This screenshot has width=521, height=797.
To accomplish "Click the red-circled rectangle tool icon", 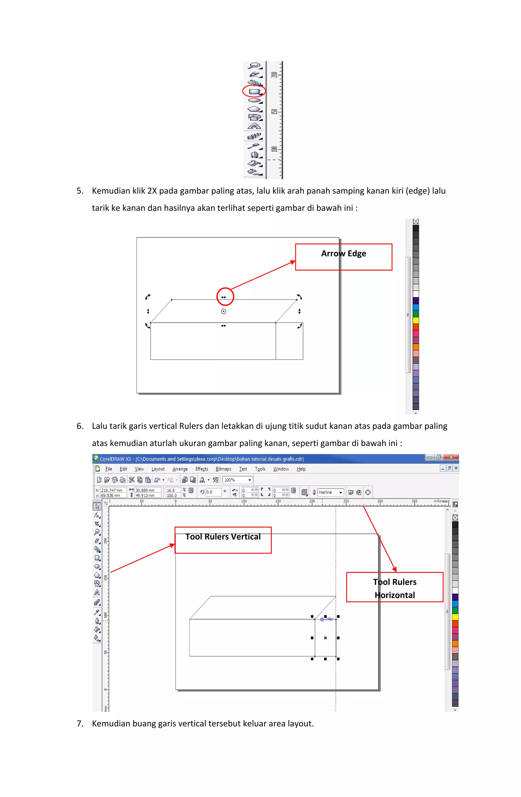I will pos(254,91).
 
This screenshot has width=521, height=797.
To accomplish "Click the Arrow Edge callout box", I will pos(343,257).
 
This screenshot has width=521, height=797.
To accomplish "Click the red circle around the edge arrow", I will pos(225,297).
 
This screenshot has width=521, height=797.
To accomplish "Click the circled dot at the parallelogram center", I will pos(224,311).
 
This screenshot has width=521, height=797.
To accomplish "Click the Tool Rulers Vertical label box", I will pos(223,540).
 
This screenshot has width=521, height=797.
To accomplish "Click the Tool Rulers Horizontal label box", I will pos(394,587).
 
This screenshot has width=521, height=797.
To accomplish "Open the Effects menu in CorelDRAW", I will pos(201,469).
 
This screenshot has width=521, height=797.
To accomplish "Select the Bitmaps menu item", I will pos(223,469).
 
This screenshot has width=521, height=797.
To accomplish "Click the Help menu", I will pos(301,469).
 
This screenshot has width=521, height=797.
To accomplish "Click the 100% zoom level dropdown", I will pos(237,480).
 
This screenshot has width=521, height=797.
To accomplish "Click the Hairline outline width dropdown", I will pos(330,492).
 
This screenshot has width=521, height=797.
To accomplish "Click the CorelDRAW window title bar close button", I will pos(451,457).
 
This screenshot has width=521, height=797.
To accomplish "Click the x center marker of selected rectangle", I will pos(325,638).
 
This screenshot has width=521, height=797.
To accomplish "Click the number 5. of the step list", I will pos(80,191).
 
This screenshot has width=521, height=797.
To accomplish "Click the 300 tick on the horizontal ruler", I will pos(380,501).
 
